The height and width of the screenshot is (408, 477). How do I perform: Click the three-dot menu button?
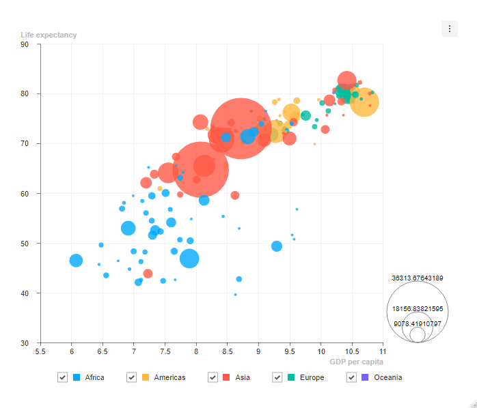449,29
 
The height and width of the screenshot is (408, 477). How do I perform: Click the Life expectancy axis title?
49,35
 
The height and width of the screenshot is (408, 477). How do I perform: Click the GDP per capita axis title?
356,362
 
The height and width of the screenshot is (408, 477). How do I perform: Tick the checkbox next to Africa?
62,377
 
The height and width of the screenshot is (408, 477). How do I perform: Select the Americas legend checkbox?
131,377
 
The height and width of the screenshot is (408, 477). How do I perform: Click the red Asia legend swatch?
226,377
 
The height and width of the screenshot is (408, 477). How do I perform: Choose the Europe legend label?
312,377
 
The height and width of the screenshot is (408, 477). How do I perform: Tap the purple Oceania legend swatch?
365,377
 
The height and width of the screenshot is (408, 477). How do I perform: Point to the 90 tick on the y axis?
25,44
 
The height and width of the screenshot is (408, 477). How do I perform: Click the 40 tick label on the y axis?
25,293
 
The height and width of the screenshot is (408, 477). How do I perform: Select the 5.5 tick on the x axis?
40,352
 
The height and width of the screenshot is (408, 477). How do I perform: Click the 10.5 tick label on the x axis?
352,352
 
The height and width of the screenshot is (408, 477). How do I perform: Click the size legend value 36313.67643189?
418,278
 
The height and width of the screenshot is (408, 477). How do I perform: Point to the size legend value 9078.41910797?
418,324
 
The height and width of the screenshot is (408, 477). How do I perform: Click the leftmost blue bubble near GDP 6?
76,261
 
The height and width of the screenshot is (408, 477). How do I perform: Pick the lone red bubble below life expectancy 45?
148,274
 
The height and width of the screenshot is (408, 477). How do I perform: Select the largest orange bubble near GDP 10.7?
364,102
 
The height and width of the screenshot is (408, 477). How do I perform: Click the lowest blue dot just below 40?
236,295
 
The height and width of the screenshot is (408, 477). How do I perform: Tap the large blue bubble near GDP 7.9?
189,259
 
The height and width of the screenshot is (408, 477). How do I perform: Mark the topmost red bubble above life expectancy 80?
346,81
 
